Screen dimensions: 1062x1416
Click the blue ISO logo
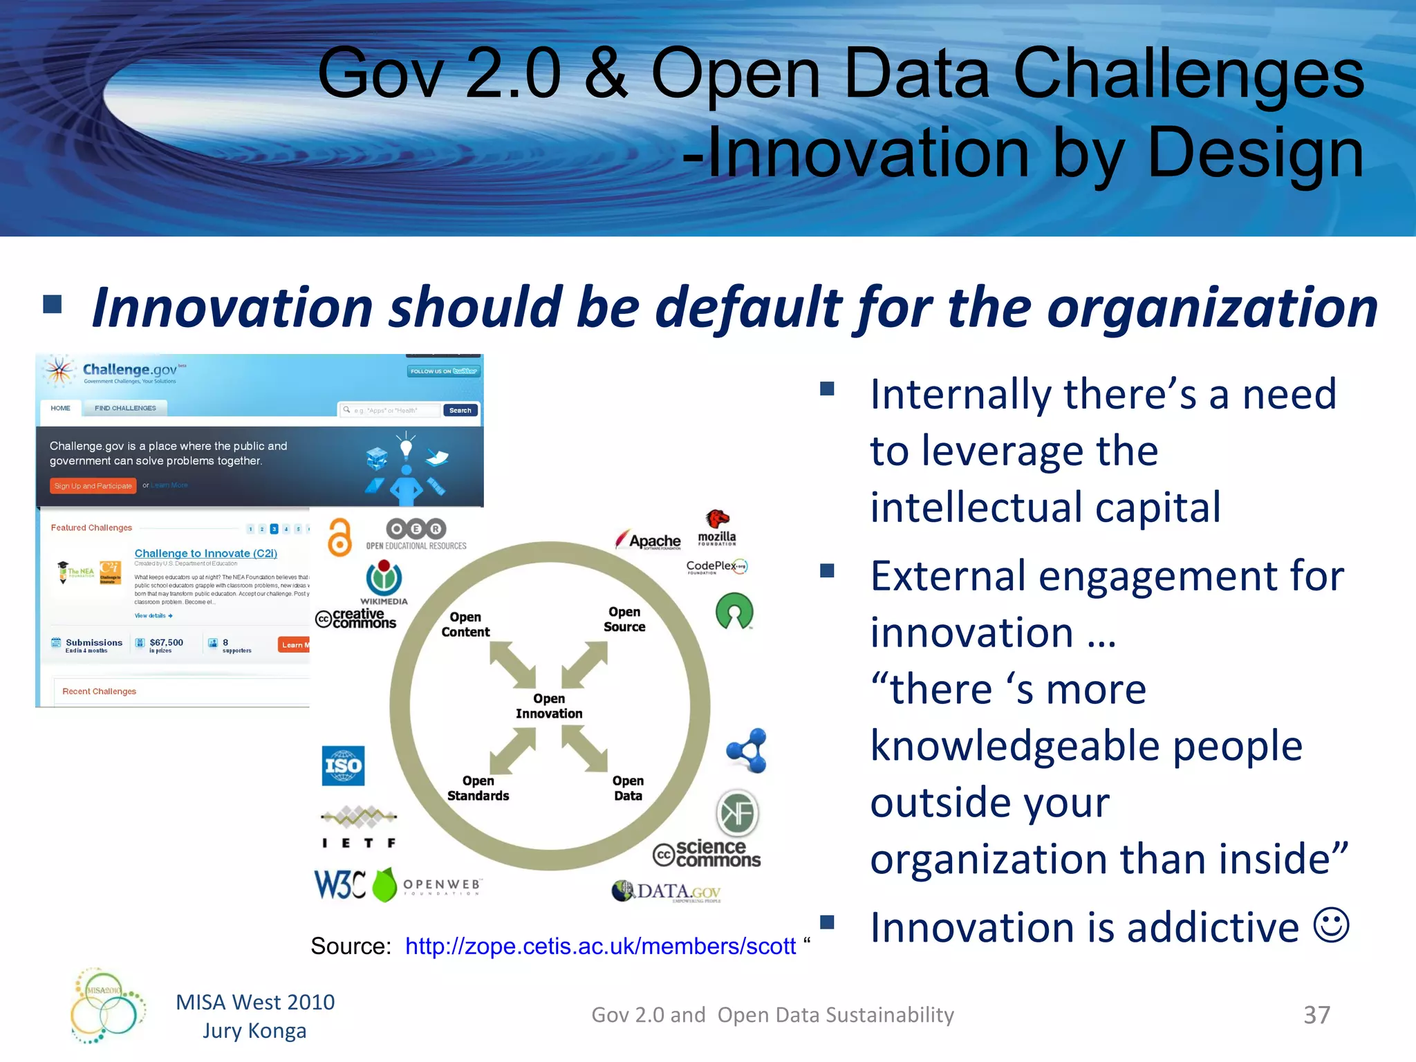(x=343, y=765)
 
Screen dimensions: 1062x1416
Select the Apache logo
(x=649, y=540)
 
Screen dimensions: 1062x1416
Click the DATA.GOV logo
(x=667, y=891)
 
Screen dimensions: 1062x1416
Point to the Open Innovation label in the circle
(x=549, y=706)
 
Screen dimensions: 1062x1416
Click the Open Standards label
(x=478, y=788)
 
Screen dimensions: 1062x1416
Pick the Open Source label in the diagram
(x=624, y=619)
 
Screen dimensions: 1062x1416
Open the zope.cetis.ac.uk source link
(x=600, y=946)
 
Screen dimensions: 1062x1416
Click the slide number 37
(x=1316, y=1014)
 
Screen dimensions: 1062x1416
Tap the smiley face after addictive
(x=1331, y=925)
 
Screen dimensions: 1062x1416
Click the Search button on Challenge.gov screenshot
(x=460, y=410)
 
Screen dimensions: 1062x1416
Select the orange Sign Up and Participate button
(x=93, y=486)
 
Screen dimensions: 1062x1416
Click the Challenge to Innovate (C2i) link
(x=205, y=553)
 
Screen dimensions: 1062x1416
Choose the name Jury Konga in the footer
(x=254, y=1031)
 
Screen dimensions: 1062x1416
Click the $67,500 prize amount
(x=166, y=642)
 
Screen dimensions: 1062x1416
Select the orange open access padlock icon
(x=339, y=537)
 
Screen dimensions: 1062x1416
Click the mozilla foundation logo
(x=717, y=529)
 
